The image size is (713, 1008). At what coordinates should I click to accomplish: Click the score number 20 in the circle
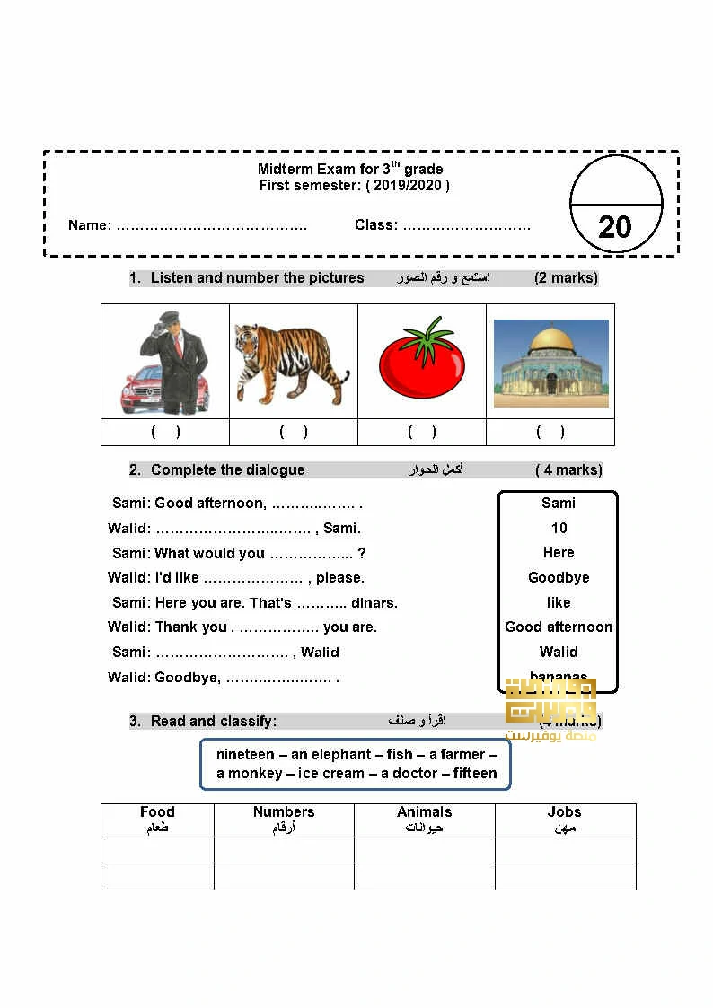point(614,226)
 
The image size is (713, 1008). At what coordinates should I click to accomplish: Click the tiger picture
point(292,364)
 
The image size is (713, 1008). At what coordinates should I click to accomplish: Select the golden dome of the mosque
point(550,341)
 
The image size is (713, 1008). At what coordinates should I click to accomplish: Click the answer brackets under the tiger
point(294,432)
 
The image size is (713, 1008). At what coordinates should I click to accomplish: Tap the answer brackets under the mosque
point(550,432)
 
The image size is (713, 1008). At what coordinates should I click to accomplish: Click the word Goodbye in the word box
point(559,577)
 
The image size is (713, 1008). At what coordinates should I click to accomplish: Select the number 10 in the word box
point(559,528)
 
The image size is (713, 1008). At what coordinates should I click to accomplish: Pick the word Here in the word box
point(559,552)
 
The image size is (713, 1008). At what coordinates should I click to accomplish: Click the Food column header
point(157,811)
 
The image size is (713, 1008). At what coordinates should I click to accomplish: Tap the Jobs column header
point(565,811)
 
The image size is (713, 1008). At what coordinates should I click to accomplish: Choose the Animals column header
point(424,811)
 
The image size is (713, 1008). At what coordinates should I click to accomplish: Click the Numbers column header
point(284,811)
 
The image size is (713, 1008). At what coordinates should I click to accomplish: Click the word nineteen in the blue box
point(245,754)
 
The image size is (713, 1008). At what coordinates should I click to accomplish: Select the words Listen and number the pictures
point(257,277)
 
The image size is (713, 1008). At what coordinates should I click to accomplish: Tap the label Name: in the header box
point(90,224)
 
